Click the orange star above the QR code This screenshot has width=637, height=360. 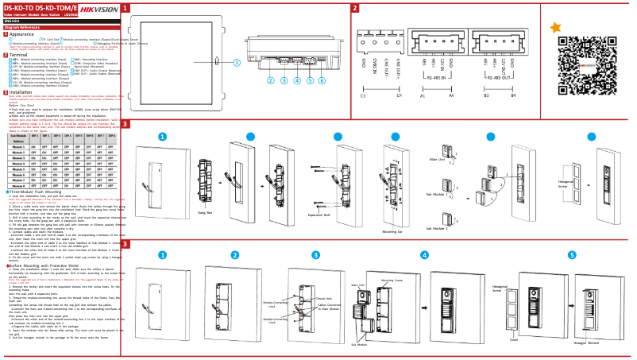[x=556, y=28]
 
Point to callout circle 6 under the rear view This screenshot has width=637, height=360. [x=322, y=80]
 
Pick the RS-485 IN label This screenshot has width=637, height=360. [x=435, y=77]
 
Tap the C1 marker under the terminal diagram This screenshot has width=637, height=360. [x=363, y=95]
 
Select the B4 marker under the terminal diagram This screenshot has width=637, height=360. [x=513, y=95]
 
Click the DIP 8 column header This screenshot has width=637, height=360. [x=111, y=136]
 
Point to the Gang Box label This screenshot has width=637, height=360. [x=205, y=213]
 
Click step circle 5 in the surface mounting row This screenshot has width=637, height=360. [x=572, y=255]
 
